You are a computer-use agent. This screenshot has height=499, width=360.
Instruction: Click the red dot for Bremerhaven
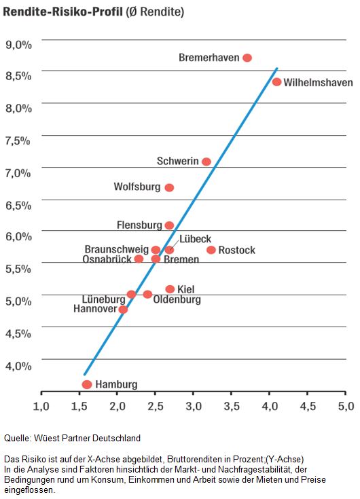pyautogui.click(x=247, y=58)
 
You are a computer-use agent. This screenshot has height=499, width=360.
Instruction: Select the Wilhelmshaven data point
pyautogui.click(x=276, y=81)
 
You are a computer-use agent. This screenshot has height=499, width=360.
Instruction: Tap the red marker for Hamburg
pyautogui.click(x=87, y=384)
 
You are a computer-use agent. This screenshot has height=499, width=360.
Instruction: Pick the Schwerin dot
pyautogui.click(x=206, y=162)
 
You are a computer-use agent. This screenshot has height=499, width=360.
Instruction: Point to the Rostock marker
pyautogui.click(x=211, y=250)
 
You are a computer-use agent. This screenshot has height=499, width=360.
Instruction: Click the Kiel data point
pyautogui.click(x=170, y=289)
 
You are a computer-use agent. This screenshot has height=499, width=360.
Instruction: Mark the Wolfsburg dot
pyautogui.click(x=169, y=188)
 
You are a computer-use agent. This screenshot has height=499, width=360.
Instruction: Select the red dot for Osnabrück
pyautogui.click(x=139, y=259)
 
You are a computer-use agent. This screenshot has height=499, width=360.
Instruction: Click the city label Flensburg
pyautogui.click(x=139, y=225)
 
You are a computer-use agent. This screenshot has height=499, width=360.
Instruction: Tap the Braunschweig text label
pyautogui.click(x=117, y=249)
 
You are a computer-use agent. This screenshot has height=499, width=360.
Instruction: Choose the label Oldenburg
pyautogui.click(x=177, y=299)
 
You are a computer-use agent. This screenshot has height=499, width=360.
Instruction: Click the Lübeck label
pyautogui.click(x=195, y=239)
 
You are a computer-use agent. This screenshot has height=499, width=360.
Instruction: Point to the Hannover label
pyautogui.click(x=95, y=309)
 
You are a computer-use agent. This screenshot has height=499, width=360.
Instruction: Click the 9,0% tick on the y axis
pyautogui.click(x=18, y=45)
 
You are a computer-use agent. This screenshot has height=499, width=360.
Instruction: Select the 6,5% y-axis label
pyautogui.click(x=18, y=205)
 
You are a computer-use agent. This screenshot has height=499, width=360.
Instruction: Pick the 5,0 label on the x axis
pyautogui.click(x=346, y=406)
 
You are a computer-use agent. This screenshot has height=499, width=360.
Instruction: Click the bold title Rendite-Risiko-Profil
pyautogui.click(x=62, y=12)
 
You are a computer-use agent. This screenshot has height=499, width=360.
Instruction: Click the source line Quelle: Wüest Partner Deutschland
pyautogui.click(x=72, y=438)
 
